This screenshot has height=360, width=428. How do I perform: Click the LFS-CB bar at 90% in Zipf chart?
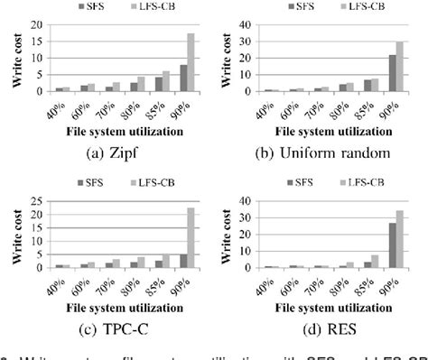(191, 63)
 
